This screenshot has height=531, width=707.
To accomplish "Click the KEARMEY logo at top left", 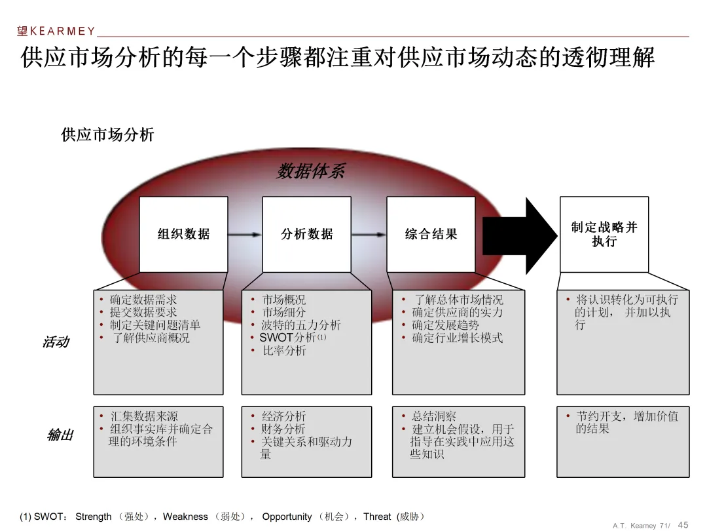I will point(56,31).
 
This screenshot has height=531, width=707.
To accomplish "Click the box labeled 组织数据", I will point(183,234).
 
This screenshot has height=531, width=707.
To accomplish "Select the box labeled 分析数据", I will point(306,234).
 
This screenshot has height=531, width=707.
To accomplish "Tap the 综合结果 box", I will point(431,234).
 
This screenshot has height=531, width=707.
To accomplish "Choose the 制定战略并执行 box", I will point(604,234).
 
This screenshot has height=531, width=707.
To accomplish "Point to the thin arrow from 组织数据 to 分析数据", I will point(245,235).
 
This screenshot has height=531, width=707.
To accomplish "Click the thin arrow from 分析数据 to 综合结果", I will point(369,235).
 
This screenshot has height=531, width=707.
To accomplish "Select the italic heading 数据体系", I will point(310,172).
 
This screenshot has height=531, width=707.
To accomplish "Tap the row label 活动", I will point(56,342).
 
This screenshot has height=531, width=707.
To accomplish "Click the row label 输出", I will point(60,435).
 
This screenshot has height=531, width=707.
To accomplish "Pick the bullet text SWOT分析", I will point(287,338).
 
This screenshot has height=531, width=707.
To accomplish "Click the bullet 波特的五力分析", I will point(301,325).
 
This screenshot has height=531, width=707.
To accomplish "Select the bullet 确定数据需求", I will point(143,300).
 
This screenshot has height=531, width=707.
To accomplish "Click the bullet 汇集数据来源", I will point(143,416).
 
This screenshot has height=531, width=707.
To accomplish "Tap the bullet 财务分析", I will point(283,429).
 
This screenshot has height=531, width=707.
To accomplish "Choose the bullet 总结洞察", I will point(433,416).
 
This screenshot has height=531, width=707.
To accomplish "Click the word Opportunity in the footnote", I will point(288,517).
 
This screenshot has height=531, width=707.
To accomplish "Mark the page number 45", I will point(683,524).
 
